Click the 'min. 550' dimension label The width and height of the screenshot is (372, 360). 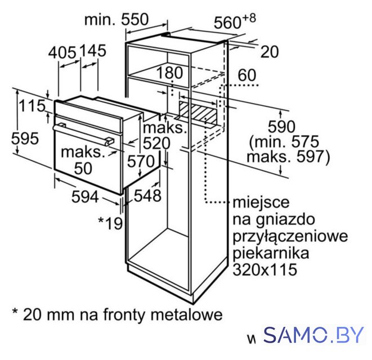point(116,20)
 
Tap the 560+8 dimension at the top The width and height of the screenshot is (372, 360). point(235,21)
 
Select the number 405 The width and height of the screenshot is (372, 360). point(62,52)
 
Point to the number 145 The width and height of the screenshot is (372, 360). point(92,51)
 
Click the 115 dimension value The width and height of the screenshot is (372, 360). point(32,106)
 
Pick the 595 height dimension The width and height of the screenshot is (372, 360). point(25,138)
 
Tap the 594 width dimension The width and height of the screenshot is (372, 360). point(85,197)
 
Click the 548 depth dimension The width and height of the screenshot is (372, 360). point(147,196)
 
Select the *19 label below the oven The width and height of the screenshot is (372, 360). point(110,223)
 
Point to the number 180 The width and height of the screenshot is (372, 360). point(169,73)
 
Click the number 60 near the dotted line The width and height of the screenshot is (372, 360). point(247,75)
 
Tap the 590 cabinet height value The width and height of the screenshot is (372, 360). point(281,127)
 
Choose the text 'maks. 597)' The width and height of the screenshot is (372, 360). point(289,157)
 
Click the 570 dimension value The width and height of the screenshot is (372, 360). point(141,161)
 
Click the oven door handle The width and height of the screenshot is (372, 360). point(83,134)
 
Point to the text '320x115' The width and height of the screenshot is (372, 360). point(265,269)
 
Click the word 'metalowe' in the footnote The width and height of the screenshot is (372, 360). point(187,314)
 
